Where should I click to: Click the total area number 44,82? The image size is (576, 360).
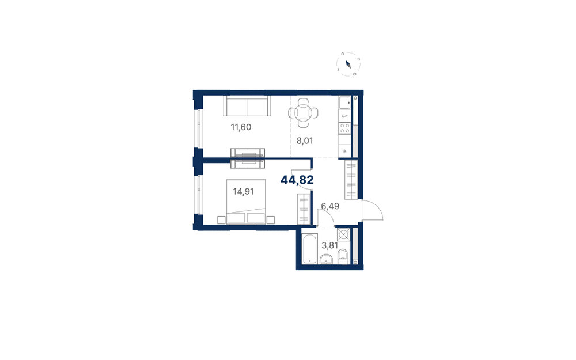(x=297, y=180)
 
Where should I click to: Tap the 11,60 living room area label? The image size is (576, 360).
(x=241, y=127)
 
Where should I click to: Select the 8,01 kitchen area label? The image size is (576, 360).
(x=305, y=141)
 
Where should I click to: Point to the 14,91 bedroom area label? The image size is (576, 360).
(x=243, y=191)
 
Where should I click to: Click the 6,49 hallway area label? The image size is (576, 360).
(x=330, y=206)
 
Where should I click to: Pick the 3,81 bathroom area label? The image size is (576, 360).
(x=329, y=245)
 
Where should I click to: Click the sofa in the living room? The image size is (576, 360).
(x=247, y=106)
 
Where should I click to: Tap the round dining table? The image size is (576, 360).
(x=304, y=113)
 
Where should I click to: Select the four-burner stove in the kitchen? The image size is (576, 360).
(x=345, y=128)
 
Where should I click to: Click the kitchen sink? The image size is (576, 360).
(x=345, y=103)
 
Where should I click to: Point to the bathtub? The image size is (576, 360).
(x=310, y=249)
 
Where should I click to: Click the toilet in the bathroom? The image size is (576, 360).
(x=343, y=257)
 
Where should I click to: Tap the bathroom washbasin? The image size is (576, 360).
(x=326, y=259)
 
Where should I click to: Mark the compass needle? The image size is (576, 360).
(x=348, y=65)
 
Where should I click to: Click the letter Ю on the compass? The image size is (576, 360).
(x=354, y=74)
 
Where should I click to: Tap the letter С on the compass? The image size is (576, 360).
(x=342, y=54)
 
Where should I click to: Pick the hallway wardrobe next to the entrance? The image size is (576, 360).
(x=351, y=180)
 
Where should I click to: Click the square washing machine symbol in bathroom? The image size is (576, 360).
(x=344, y=235)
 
